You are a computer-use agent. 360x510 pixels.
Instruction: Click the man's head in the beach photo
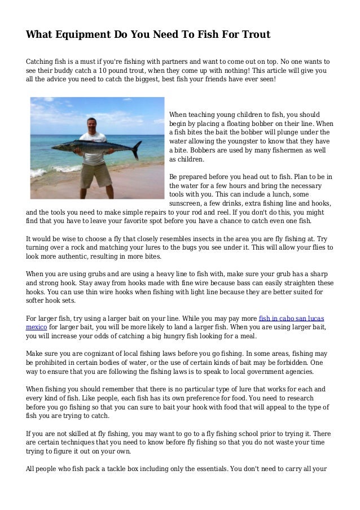[x=91, y=124]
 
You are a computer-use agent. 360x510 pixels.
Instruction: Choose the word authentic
[x=69, y=257]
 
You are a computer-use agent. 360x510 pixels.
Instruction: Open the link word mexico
[x=36, y=327]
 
